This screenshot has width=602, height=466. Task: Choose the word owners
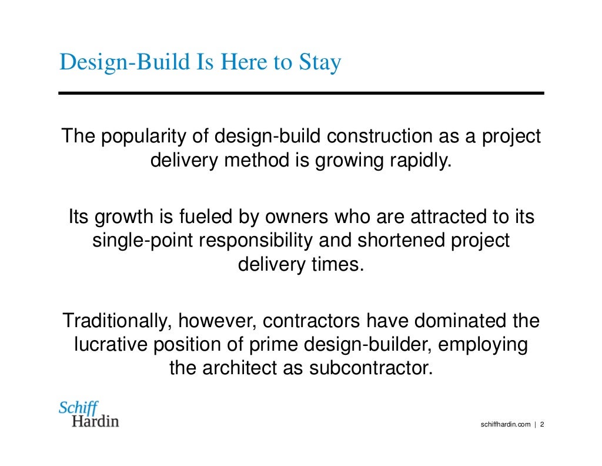295,218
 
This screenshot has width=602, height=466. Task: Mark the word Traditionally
118,321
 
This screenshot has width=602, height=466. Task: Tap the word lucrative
111,345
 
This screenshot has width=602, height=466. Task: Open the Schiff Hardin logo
89,414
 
